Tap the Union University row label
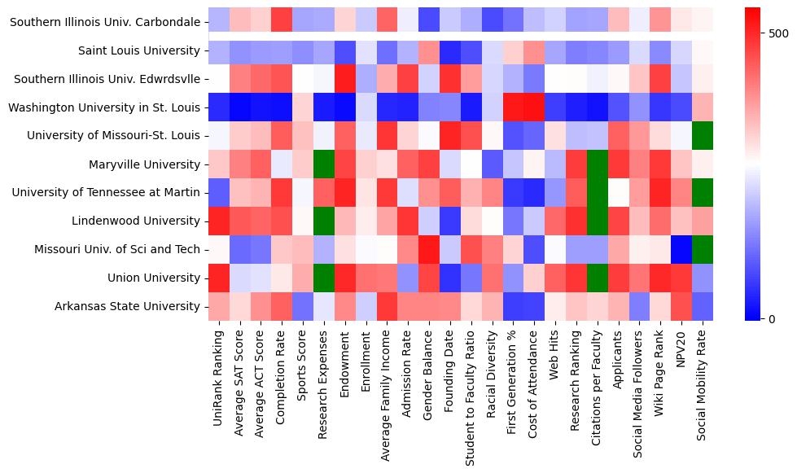point(154,278)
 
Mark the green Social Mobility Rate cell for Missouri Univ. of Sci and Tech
point(704,249)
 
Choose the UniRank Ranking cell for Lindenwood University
point(218,221)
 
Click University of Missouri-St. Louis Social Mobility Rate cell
point(704,136)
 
